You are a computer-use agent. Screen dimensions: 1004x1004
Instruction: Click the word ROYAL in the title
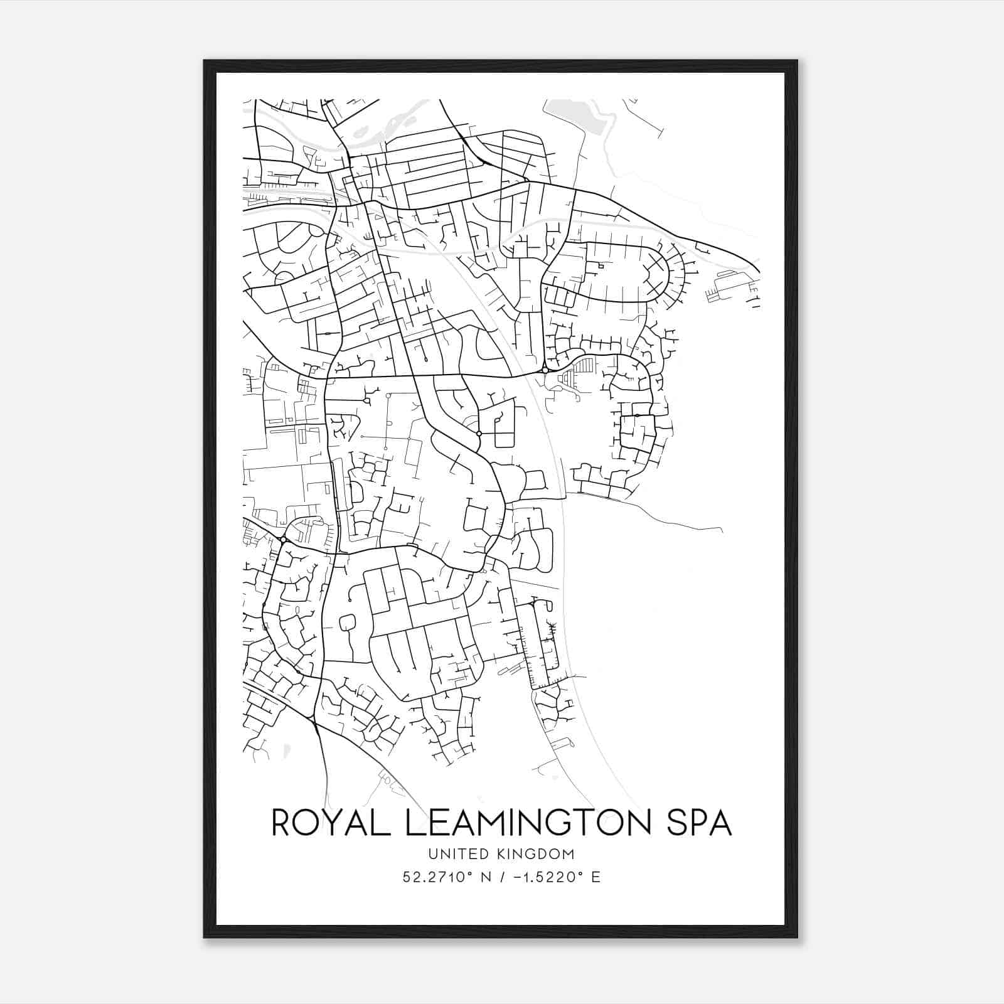[326, 823]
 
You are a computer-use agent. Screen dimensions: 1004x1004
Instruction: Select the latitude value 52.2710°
[437, 877]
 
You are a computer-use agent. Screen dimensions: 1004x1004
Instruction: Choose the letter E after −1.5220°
[595, 877]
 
